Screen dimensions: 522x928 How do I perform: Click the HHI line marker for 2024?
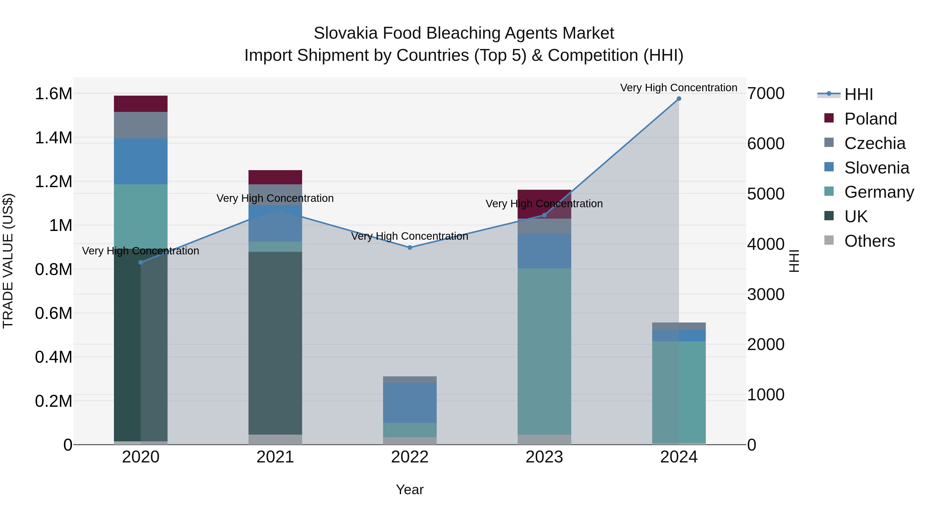coord(679,99)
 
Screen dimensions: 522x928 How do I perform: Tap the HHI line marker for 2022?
coord(410,247)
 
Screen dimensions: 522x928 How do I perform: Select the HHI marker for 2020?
coord(141,262)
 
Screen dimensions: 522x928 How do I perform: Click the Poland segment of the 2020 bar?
coord(141,104)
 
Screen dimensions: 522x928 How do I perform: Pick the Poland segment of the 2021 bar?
coord(275,177)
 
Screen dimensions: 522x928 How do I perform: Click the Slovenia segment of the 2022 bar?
coord(410,402)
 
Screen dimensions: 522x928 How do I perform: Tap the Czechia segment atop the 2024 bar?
coord(679,326)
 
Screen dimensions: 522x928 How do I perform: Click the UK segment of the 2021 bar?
coord(275,343)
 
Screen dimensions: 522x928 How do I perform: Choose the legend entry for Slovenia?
coord(876,168)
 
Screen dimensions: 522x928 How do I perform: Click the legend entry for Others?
coord(869,241)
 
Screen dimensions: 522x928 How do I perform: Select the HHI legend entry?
coord(858,94)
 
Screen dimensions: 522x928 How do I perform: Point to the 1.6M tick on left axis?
coord(54,94)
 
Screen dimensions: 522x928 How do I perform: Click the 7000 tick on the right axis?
coord(766,94)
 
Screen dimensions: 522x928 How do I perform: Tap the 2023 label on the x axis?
coord(544,457)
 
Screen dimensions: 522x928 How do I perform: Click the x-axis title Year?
coord(410,490)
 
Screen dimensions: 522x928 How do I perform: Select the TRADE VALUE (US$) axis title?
coord(8,261)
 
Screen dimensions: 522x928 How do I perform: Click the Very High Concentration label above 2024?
coord(678,88)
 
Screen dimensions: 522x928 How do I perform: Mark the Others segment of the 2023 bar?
coord(544,440)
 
